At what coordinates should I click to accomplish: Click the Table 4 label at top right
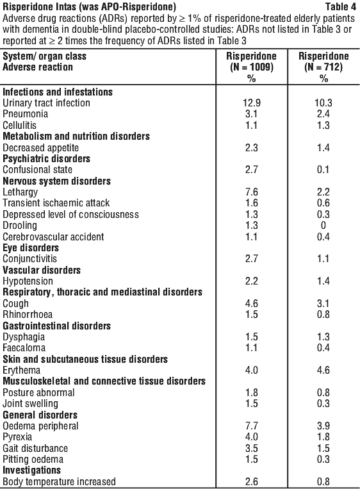[x=341, y=6]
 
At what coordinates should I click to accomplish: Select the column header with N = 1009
[x=251, y=67]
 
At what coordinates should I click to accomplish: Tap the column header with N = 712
[x=323, y=67]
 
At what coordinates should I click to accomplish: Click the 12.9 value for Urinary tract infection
[x=251, y=103]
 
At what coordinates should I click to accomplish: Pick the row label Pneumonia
[x=25, y=114]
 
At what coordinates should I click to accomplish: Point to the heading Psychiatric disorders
[x=47, y=158]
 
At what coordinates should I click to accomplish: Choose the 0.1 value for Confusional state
[x=323, y=170]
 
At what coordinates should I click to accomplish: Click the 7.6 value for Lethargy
[x=252, y=192]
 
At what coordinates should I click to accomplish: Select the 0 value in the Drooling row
[x=323, y=226]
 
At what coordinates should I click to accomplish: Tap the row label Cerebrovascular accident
[x=53, y=236]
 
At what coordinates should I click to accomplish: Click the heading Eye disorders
[x=31, y=247]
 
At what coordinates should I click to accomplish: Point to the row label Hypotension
[x=28, y=281]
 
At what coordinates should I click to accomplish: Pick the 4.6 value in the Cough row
[x=252, y=303]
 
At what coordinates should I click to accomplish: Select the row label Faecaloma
[x=24, y=348]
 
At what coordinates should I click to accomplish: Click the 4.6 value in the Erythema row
[x=323, y=370]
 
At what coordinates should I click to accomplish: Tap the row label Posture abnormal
[x=38, y=392]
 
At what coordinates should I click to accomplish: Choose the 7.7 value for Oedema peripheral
[x=252, y=426]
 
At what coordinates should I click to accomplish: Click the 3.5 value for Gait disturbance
[x=252, y=449]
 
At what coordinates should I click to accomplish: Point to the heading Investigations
[x=32, y=470]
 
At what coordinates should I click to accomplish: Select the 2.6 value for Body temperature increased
[x=252, y=482]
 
